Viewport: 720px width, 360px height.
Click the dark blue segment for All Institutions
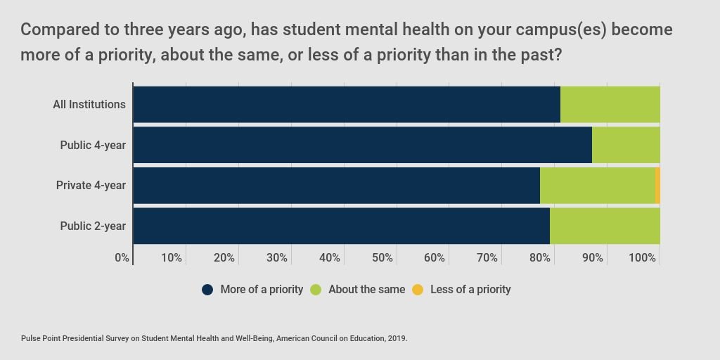tap(347, 104)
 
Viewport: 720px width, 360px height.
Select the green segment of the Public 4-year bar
tap(626, 145)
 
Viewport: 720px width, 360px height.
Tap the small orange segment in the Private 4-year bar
tap(657, 186)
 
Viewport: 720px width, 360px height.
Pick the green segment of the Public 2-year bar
tap(605, 226)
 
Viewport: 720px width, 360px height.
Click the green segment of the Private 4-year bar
tap(597, 186)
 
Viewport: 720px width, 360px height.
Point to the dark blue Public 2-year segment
tap(341, 226)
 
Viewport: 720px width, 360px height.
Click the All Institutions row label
tap(89, 105)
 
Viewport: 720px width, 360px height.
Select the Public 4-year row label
tap(93, 145)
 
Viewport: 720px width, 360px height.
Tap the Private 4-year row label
tap(91, 186)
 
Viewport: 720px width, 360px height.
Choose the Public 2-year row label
tap(93, 226)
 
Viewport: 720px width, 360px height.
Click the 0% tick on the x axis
tap(122, 258)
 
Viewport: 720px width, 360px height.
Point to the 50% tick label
tap(382, 258)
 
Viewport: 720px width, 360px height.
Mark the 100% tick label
tap(643, 258)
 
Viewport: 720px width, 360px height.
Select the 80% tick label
tap(540, 258)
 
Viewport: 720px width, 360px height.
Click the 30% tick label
tap(277, 258)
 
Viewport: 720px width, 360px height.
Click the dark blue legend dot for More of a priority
tap(207, 290)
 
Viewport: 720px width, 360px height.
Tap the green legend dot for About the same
tap(316, 290)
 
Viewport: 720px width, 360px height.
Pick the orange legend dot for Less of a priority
tap(418, 290)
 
